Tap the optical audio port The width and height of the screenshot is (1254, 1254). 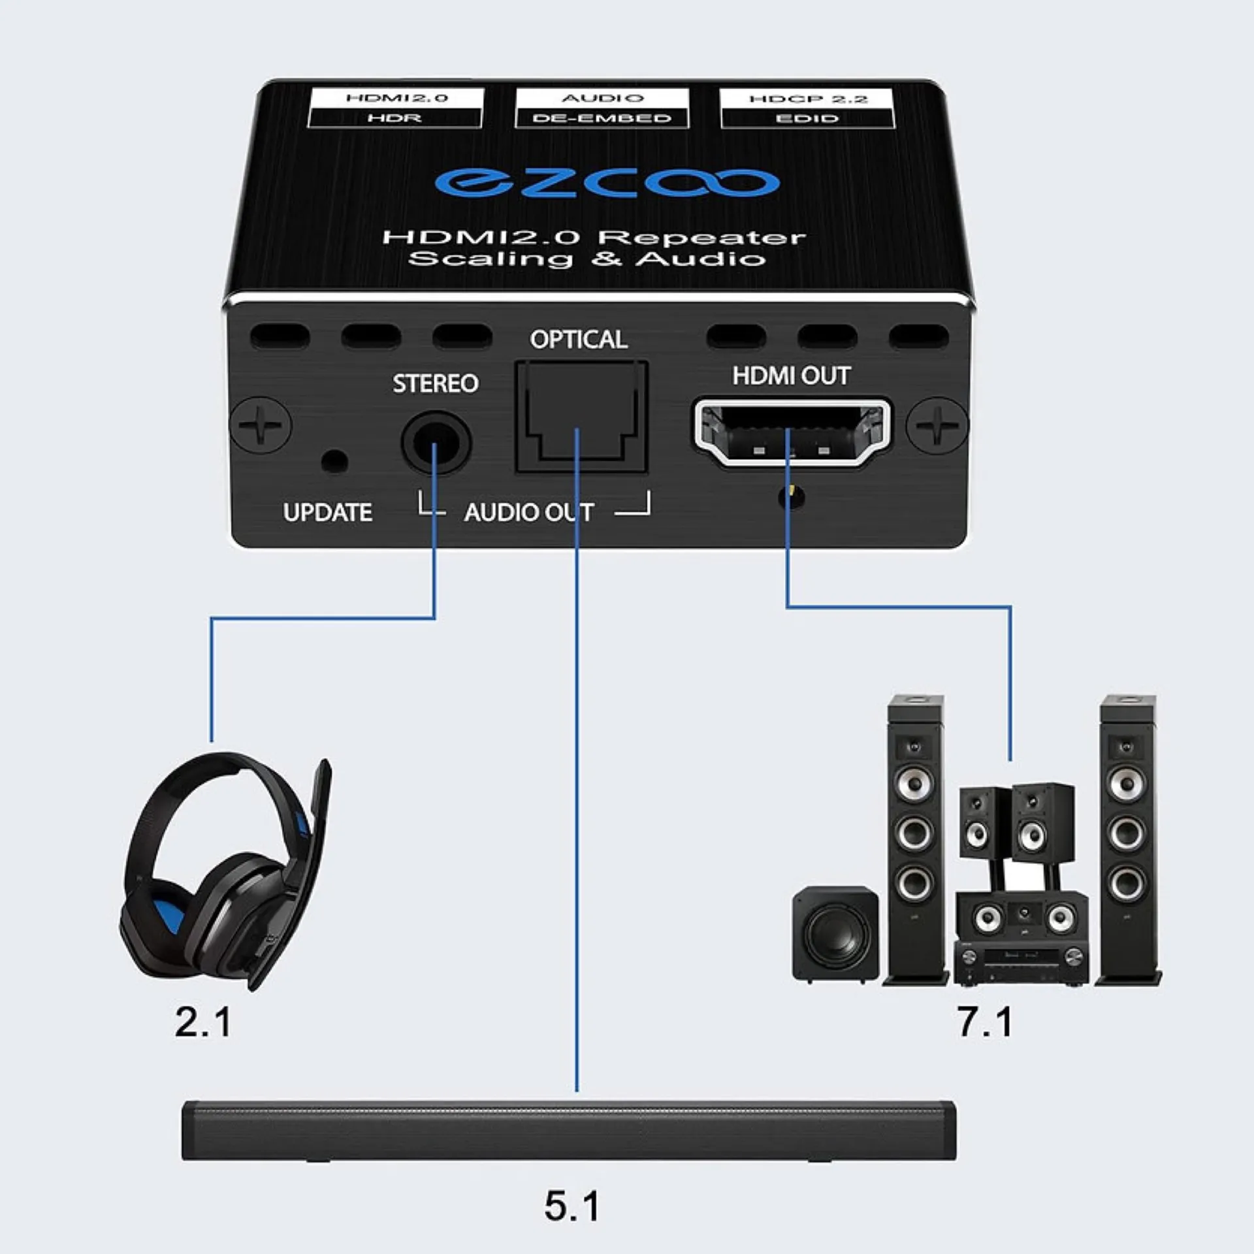[581, 418]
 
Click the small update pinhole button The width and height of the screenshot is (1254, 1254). [334, 461]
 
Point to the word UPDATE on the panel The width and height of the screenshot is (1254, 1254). [327, 513]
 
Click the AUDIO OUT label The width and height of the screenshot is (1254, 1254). [529, 513]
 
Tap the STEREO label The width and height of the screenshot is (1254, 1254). [435, 383]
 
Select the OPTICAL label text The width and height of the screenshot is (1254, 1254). [578, 340]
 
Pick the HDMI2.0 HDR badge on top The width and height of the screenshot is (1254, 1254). [396, 108]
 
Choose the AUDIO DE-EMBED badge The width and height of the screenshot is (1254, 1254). [602, 108]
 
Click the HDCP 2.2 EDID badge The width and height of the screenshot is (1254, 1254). [807, 108]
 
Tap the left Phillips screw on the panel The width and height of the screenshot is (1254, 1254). [261, 425]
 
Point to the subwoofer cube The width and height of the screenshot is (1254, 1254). [835, 934]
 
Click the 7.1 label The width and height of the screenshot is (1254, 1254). [984, 1022]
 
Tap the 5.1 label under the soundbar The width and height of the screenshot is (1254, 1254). [571, 1206]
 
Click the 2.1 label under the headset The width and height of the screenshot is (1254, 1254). [202, 1022]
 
